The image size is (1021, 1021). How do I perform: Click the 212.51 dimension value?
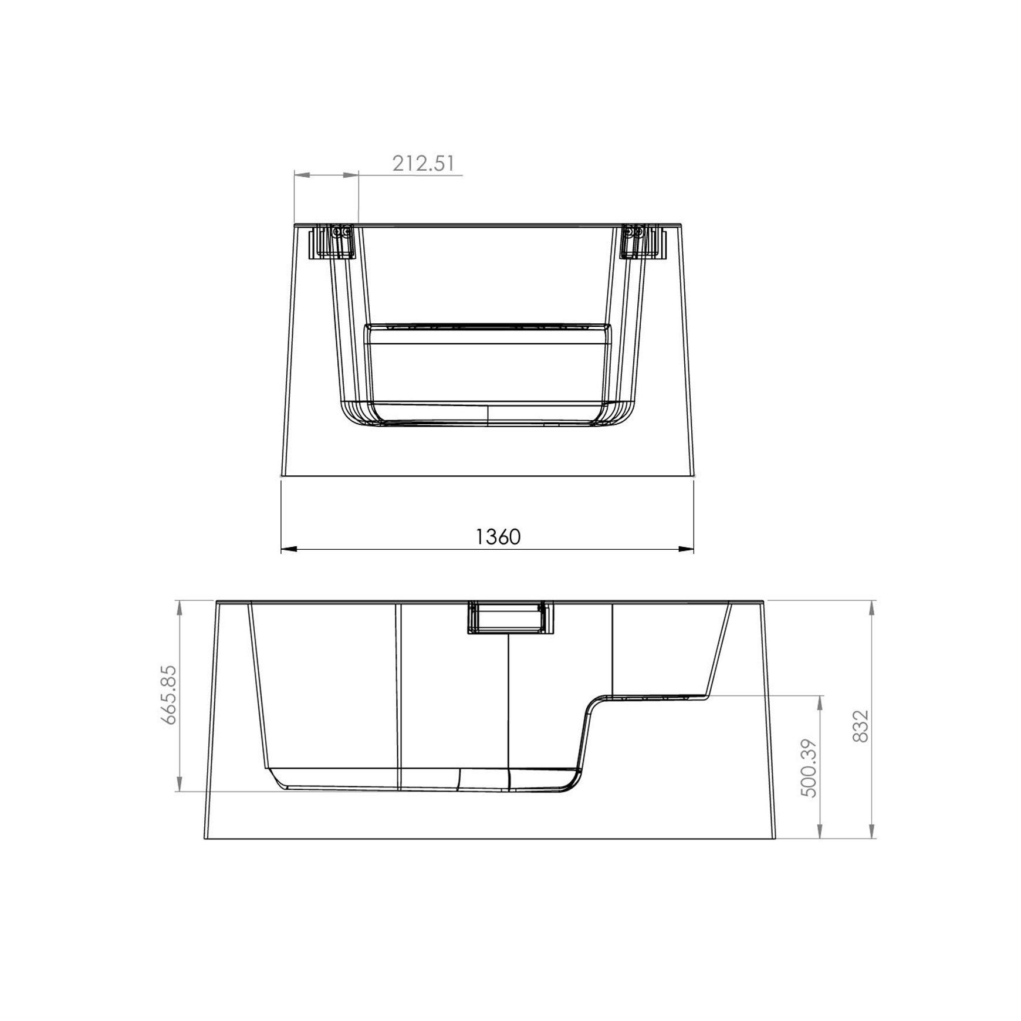tap(423, 163)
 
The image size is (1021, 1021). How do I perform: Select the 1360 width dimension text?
tap(498, 536)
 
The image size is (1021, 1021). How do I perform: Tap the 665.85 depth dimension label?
tap(168, 695)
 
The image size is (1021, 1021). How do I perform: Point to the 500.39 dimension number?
tap(809, 766)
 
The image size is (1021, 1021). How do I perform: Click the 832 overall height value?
tap(860, 726)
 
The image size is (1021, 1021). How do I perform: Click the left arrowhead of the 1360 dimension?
tap(289, 549)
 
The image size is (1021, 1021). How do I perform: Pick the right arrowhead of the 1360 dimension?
tap(687, 549)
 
